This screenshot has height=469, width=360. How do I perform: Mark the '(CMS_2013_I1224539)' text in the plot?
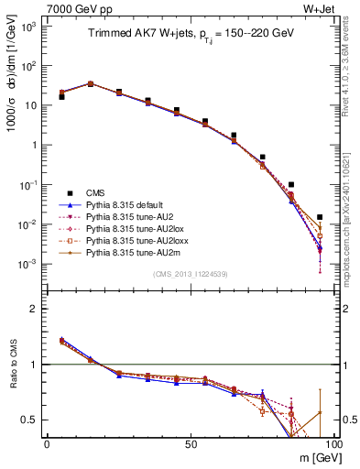point(190,274)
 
